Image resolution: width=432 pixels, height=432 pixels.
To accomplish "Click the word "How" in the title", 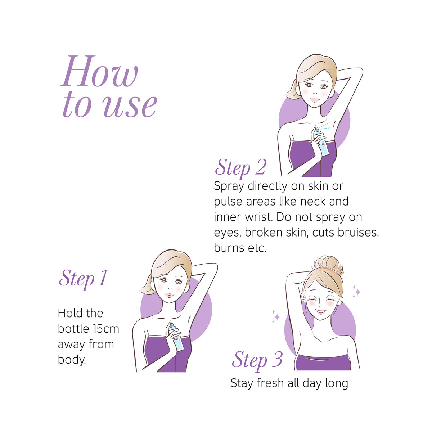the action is [99, 71].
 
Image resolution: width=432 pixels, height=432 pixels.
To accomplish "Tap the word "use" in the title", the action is [130, 105].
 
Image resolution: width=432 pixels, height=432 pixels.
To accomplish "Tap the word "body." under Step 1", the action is [72, 360].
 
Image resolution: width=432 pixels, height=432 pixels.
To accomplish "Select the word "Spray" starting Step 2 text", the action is [229, 186].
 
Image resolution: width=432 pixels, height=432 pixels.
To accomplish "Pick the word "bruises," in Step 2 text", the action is [359, 232].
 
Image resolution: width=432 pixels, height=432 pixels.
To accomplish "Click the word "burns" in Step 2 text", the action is [229, 248].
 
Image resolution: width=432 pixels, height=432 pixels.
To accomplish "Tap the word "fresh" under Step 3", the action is [270, 383].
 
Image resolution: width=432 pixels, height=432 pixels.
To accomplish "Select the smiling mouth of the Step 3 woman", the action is [321, 312].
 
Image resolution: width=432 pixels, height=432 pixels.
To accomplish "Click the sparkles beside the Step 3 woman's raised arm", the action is [276, 316].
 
